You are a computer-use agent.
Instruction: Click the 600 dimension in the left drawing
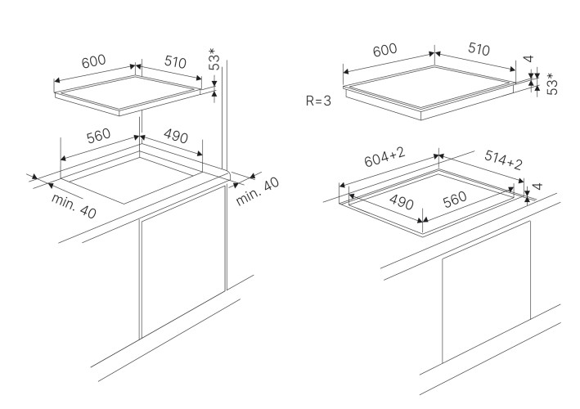pyautogui.click(x=94, y=62)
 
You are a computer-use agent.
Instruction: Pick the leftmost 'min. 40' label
pyautogui.click(x=73, y=206)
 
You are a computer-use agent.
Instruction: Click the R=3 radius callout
pyautogui.click(x=320, y=101)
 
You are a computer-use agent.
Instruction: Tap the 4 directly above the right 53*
pyautogui.click(x=529, y=61)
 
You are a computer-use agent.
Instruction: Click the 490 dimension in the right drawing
pyautogui.click(x=401, y=200)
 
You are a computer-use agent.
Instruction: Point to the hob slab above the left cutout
pyautogui.click(x=131, y=92)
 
